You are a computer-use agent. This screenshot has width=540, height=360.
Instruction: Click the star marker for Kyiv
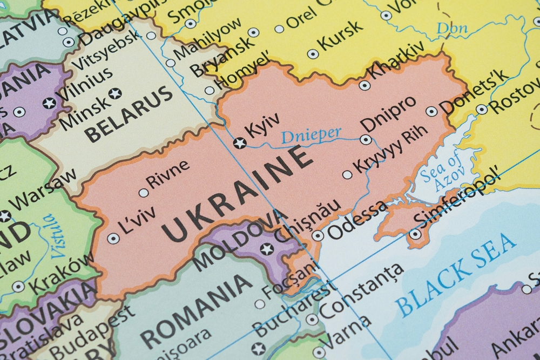239,143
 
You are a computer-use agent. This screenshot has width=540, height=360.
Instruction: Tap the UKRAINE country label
238,194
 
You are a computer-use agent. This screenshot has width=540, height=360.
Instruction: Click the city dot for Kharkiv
364,85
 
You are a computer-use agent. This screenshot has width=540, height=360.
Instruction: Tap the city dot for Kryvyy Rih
347,174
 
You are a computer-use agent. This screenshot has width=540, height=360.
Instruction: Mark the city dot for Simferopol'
415,234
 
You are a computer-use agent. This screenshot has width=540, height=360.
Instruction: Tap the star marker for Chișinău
267,249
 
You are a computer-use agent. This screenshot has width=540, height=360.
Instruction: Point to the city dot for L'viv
113,238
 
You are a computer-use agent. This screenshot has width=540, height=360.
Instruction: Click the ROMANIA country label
197,310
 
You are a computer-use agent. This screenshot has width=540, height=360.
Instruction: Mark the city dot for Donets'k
431,111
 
